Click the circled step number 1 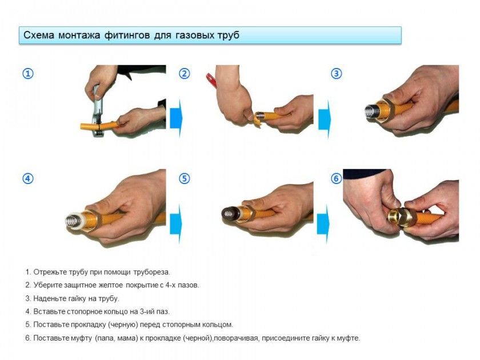(x=28, y=74)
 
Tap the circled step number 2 (x=184, y=74)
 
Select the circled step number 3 (x=337, y=74)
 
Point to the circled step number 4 (x=28, y=178)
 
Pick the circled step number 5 (x=184, y=178)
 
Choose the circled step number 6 (x=337, y=178)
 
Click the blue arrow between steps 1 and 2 (x=176, y=118)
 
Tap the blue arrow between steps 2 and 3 (x=325, y=119)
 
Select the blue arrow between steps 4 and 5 (x=176, y=224)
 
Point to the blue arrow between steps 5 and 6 (x=323, y=224)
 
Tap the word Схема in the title (x=39, y=35)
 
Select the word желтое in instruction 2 (x=110, y=285)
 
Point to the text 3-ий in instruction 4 (x=148, y=311)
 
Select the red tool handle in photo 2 (x=213, y=79)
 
